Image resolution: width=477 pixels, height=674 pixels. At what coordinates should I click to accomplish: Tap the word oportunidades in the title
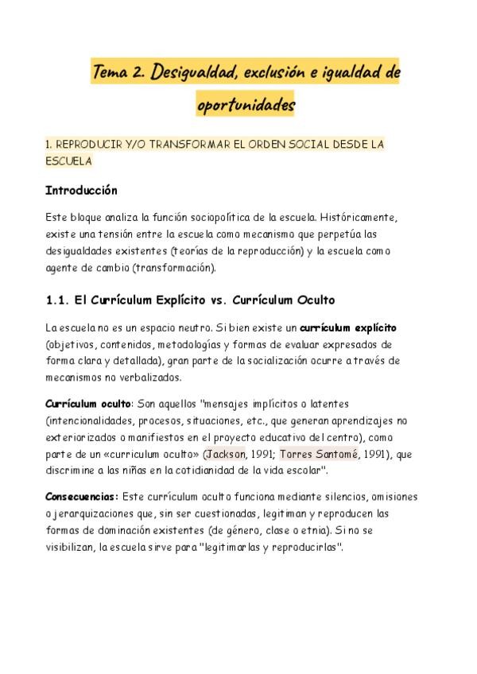point(246,103)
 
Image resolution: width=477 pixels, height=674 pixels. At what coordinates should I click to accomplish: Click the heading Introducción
point(81,191)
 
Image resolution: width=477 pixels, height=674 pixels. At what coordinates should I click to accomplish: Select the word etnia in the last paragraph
point(323,530)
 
